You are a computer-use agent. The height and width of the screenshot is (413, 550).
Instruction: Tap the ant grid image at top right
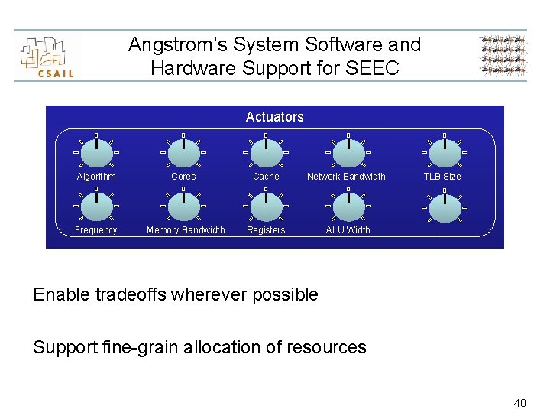[503, 57]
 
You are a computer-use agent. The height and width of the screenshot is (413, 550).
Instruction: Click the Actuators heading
[274, 117]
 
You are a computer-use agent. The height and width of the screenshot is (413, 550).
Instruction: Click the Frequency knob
[96, 206]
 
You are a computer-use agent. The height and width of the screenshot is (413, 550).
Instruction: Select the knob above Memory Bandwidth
[183, 206]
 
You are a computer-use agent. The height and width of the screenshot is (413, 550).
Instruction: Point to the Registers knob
[266, 206]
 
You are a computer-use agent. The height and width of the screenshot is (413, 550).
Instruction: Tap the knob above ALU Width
[348, 206]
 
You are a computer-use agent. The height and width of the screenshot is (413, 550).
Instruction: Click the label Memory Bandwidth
[186, 230]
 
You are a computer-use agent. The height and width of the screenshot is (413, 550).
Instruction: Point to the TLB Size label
[442, 177]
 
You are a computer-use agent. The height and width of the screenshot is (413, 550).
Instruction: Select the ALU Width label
[348, 230]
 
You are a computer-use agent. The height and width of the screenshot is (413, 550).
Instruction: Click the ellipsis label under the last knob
[442, 230]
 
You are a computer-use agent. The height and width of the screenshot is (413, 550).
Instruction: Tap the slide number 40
[519, 402]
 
